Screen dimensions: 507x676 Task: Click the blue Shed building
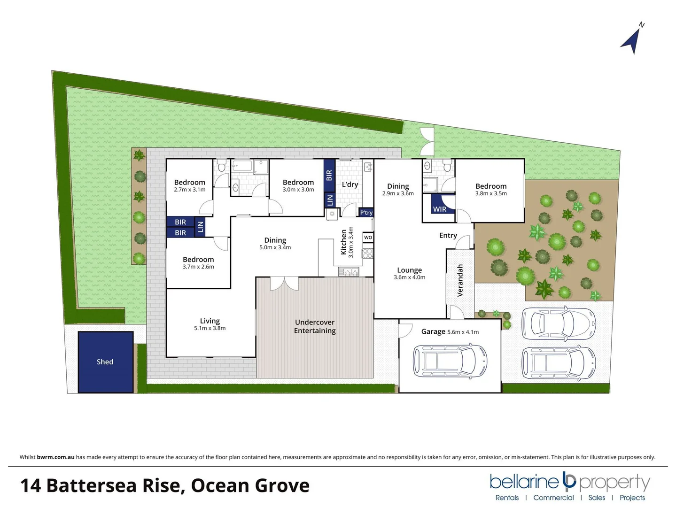(x=105, y=361)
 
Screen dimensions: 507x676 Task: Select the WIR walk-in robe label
(x=440, y=209)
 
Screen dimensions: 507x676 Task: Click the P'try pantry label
(x=366, y=213)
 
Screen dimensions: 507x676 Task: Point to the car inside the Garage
(x=450, y=361)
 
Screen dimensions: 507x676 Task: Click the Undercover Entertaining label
(x=315, y=326)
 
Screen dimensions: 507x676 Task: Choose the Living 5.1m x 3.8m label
(x=210, y=324)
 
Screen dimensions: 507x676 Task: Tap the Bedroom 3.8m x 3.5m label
(x=491, y=189)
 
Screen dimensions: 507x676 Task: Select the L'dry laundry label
(x=350, y=184)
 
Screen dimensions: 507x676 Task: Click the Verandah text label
(x=460, y=280)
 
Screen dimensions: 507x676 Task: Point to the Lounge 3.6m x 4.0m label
(x=409, y=273)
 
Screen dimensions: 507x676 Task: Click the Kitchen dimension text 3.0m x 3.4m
(x=350, y=242)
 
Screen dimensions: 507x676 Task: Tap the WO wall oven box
(x=368, y=238)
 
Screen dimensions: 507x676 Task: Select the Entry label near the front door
(x=448, y=235)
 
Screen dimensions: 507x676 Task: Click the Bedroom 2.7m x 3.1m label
(x=189, y=185)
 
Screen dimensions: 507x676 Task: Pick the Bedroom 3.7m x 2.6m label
(x=198, y=262)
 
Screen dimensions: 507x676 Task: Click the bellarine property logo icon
(x=569, y=481)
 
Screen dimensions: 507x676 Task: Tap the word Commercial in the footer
(x=553, y=498)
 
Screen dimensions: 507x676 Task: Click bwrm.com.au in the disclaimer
(x=55, y=457)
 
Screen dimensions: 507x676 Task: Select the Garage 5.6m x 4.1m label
(x=450, y=331)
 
